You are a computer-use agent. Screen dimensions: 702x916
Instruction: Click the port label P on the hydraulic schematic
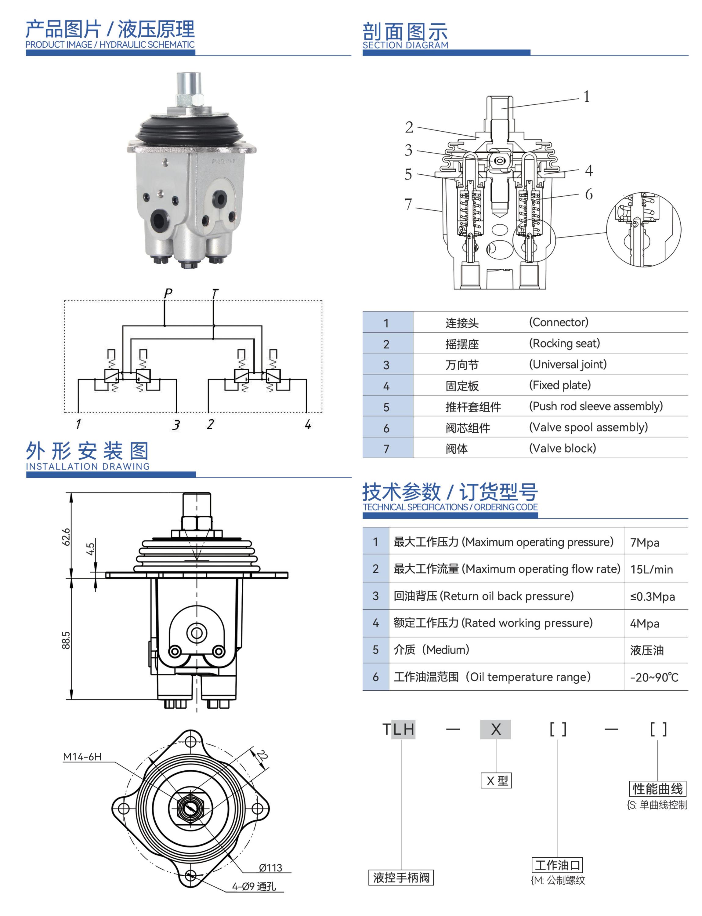(x=168, y=293)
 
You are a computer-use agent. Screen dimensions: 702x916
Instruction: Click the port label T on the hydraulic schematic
(x=215, y=293)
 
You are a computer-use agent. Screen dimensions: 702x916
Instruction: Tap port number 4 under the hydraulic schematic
(x=308, y=424)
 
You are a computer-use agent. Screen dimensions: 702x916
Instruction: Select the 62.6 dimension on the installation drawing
(x=66, y=537)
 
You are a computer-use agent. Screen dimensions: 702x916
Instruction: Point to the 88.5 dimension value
(x=66, y=640)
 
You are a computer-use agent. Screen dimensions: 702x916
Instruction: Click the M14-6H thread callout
(x=82, y=756)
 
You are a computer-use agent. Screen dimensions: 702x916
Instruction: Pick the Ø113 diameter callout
(x=270, y=867)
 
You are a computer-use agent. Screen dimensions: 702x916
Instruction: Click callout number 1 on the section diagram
(x=587, y=96)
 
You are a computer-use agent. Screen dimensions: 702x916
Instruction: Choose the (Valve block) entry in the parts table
(x=563, y=448)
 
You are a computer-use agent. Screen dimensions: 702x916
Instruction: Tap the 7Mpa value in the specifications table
(x=645, y=543)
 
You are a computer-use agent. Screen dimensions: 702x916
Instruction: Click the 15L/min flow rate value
(x=651, y=569)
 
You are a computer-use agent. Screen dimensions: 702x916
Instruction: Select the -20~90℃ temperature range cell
(x=654, y=677)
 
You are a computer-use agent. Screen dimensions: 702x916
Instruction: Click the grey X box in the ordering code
(x=496, y=729)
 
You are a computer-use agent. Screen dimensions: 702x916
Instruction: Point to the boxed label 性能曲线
(x=658, y=789)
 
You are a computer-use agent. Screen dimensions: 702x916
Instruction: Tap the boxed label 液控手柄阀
(x=401, y=877)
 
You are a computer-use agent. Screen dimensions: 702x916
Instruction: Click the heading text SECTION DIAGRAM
(x=405, y=45)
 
